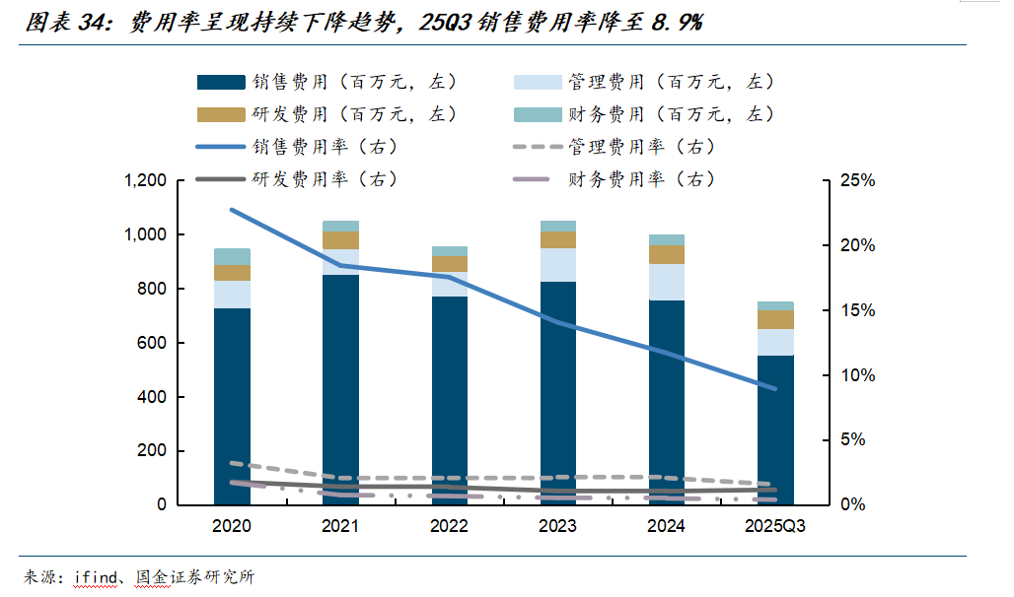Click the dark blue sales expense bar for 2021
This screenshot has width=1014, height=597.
click(340, 389)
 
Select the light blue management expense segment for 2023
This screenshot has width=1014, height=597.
click(557, 265)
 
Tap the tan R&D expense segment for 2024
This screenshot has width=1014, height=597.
click(666, 254)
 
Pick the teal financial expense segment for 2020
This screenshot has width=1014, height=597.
click(232, 256)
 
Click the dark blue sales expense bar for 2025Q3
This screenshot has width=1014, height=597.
click(775, 430)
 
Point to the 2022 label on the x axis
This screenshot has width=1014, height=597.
click(449, 526)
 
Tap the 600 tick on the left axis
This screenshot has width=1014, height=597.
click(152, 343)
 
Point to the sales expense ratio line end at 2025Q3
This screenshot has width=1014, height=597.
click(775, 389)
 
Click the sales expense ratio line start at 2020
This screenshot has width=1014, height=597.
click(232, 210)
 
